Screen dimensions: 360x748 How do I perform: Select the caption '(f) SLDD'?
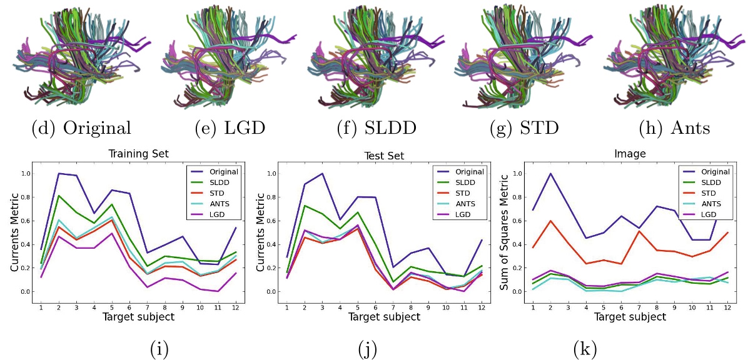pyautogui.click(x=376, y=128)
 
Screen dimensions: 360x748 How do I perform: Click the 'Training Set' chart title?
pyautogui.click(x=138, y=153)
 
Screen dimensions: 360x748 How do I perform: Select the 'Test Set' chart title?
pyautogui.click(x=385, y=155)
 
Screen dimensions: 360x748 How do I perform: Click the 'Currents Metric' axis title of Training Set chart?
pyautogui.click(x=14, y=233)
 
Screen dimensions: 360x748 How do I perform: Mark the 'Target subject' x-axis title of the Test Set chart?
pyautogui.click(x=384, y=317)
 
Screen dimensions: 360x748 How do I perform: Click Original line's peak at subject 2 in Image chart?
pyautogui.click(x=550, y=174)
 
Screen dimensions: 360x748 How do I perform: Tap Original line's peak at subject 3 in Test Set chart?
pyautogui.click(x=321, y=174)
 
